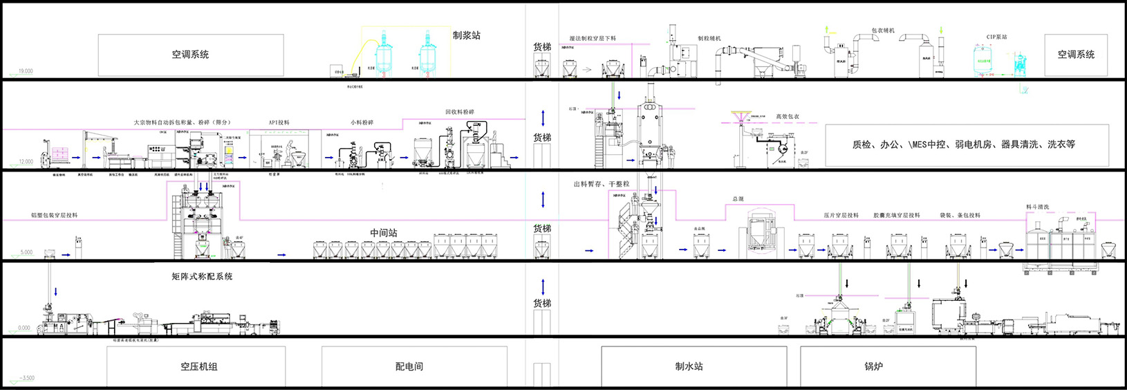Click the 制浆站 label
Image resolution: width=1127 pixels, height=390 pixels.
coord(466,35)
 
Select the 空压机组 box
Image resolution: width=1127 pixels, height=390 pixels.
coord(196,366)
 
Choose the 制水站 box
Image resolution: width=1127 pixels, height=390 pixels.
coord(693,366)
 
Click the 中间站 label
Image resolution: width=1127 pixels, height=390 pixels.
coord(383,233)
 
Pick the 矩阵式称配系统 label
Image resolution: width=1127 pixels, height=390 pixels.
coord(202,277)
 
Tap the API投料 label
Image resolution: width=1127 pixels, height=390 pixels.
coord(279,122)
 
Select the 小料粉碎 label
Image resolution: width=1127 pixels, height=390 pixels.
coord(362,122)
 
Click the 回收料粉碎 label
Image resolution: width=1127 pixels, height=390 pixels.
coord(460,112)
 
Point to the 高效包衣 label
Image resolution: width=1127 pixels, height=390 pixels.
coord(787,117)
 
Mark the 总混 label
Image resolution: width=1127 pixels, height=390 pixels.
coord(738,199)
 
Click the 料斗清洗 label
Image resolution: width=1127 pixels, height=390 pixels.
coord(1037,207)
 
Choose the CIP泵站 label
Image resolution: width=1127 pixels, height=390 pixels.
coord(996,37)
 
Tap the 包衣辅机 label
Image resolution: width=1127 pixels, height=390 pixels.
coord(883,31)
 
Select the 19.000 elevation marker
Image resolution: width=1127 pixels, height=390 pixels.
coord(25,71)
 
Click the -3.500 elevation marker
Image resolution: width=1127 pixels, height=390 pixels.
coord(26,378)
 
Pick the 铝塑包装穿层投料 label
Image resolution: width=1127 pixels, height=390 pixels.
coord(55,215)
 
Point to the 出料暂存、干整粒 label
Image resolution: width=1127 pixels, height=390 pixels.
coord(601,184)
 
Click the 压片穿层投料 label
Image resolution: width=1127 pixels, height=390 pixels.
coord(841,215)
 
